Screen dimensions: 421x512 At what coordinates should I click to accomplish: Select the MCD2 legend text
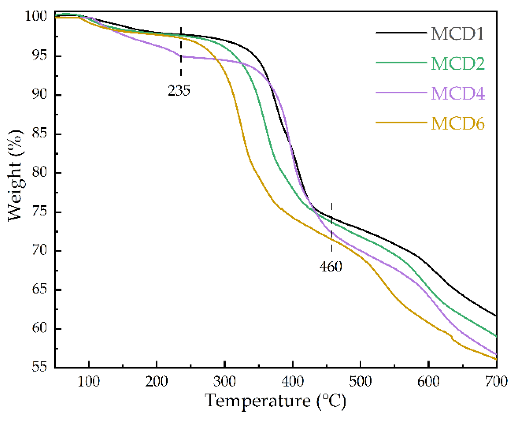click(458, 63)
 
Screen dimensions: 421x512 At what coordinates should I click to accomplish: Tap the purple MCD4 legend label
click(458, 93)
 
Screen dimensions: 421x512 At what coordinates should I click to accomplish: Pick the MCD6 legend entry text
click(458, 123)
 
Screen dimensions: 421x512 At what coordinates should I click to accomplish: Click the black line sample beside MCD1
click(401, 33)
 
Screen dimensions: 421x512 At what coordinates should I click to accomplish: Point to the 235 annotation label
click(179, 91)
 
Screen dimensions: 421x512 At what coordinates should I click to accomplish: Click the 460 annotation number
click(331, 266)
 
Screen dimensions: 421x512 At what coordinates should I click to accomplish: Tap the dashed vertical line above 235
click(181, 52)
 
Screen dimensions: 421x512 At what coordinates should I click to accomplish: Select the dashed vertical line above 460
click(332, 228)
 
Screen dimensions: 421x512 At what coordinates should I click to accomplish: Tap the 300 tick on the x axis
click(225, 381)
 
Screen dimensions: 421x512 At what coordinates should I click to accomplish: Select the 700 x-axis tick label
click(496, 381)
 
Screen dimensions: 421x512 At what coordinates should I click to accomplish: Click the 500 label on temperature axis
click(360, 381)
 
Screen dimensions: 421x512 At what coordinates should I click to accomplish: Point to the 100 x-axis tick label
click(89, 381)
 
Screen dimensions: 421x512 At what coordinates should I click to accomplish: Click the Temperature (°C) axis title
click(275, 401)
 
